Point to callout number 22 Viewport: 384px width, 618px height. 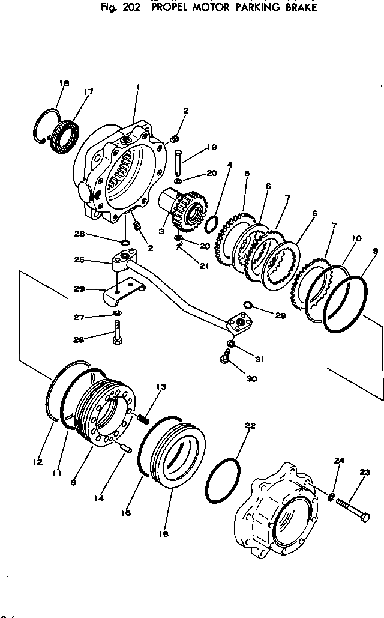point(250,425)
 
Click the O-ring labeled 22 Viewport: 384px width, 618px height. point(222,481)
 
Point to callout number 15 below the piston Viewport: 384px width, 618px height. point(163,534)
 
